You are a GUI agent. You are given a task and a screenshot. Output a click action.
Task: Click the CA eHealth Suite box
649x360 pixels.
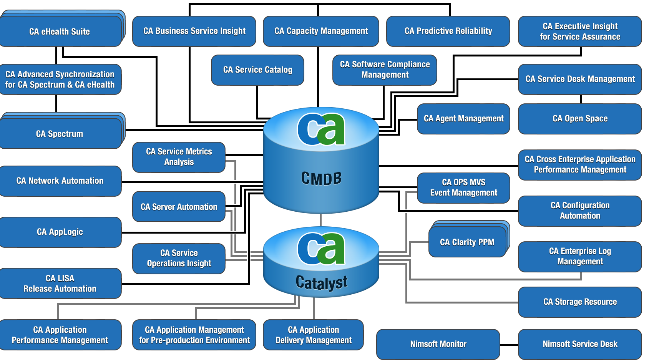(x=60, y=32)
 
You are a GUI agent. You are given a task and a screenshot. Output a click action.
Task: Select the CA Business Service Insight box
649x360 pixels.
(x=194, y=31)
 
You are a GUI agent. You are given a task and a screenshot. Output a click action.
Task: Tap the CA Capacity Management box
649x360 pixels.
(x=321, y=31)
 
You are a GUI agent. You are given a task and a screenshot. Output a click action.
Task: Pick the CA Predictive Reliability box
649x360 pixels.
(x=448, y=31)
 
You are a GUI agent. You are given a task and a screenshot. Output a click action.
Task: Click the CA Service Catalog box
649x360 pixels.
(x=257, y=70)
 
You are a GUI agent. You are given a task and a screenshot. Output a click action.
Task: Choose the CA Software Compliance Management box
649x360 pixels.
(x=385, y=70)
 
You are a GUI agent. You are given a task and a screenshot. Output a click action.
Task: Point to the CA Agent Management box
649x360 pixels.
(x=463, y=119)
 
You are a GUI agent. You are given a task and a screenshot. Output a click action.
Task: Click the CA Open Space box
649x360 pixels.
(x=580, y=119)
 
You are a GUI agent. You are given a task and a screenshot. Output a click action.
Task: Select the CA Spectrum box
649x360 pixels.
(x=60, y=134)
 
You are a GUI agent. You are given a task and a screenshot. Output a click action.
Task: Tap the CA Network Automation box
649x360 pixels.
(x=60, y=181)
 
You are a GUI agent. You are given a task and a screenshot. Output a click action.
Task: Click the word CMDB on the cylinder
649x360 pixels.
(x=321, y=179)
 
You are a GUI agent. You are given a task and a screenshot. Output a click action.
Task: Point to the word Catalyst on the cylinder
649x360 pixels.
(x=322, y=283)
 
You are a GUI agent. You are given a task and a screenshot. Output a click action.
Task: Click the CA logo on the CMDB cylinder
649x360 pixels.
(x=321, y=129)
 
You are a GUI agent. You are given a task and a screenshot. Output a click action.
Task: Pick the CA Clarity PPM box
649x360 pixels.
(x=467, y=242)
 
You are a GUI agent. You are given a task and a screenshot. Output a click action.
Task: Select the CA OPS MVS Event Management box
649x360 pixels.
(x=463, y=188)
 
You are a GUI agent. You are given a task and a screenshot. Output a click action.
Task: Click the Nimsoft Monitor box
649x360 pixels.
(x=438, y=344)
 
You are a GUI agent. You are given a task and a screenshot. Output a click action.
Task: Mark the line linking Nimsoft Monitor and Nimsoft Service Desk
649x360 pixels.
(x=509, y=345)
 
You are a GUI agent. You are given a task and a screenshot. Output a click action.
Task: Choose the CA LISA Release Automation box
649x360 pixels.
(x=60, y=284)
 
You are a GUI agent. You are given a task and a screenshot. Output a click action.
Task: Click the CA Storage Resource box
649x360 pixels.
(x=580, y=302)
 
